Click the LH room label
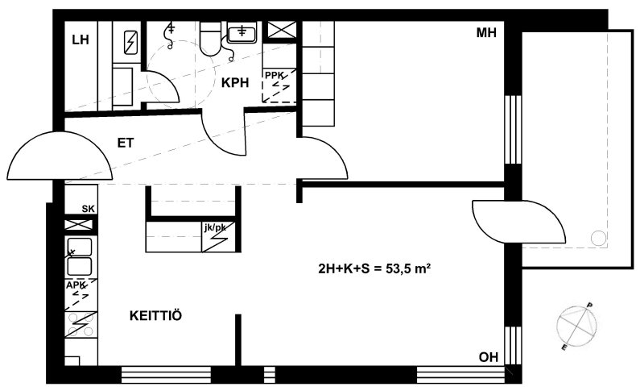(81, 40)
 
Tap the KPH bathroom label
(235, 83)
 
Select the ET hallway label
(126, 143)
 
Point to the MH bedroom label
(486, 33)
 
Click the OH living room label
(489, 357)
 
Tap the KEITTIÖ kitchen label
(155, 316)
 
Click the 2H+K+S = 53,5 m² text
(374, 268)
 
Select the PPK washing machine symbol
(279, 85)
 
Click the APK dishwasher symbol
(81, 294)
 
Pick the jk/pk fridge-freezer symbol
(218, 236)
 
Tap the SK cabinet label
(89, 209)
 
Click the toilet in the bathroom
(211, 38)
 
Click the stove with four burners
(81, 325)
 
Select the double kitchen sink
(79, 257)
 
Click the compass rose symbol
(576, 326)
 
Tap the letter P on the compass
(589, 306)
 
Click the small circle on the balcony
(599, 238)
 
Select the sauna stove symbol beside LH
(130, 43)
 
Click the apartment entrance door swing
(60, 156)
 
